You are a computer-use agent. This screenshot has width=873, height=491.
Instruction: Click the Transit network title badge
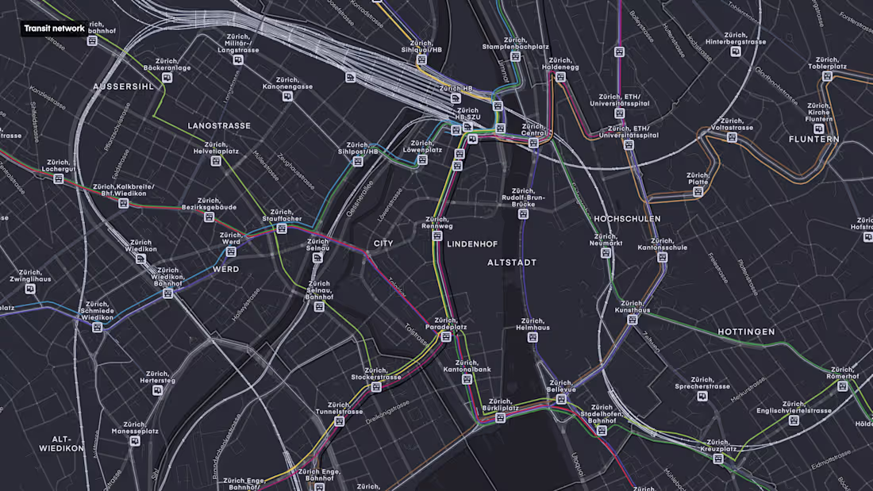[54, 29]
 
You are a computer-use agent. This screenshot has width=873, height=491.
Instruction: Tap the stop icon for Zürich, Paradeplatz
[446, 337]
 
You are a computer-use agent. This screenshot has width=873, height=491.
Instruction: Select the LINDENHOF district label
[471, 244]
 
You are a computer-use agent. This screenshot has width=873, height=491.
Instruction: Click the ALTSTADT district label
[512, 263]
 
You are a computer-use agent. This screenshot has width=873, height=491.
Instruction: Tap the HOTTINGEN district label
[746, 332]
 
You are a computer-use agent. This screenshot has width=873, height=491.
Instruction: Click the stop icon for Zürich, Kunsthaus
[633, 320]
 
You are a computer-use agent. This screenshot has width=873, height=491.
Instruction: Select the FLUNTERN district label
[813, 140]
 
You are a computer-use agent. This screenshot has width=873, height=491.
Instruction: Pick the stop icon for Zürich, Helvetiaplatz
[216, 161]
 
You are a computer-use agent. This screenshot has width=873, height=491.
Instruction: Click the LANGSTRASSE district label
[219, 126]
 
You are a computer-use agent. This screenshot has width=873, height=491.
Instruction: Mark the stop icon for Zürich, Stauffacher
[281, 228]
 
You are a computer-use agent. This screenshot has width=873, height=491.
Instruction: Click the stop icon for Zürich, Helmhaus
[533, 337]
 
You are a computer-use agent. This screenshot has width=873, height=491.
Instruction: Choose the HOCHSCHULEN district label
[627, 219]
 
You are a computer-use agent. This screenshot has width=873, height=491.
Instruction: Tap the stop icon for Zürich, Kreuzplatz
[718, 458]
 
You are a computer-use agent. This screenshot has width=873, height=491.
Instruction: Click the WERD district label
[225, 270]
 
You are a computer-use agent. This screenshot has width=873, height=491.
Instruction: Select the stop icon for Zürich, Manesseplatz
[135, 440]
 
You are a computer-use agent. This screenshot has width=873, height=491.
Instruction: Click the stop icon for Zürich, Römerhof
[842, 386]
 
